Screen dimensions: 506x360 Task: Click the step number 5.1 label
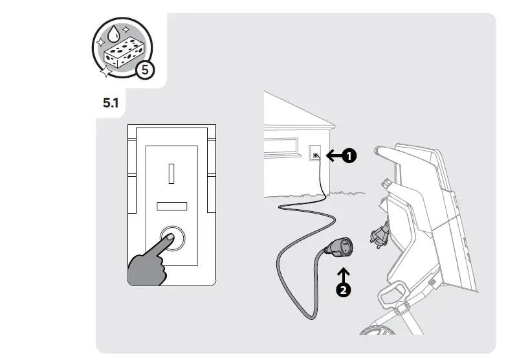[111, 103]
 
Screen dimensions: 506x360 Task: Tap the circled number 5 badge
[145, 70]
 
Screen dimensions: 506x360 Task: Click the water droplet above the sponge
[113, 34]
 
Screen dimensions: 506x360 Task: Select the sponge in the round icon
[124, 52]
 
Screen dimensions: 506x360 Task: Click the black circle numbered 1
[349, 156]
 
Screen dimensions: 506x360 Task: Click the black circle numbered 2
[344, 289]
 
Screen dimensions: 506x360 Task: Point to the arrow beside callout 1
[334, 155]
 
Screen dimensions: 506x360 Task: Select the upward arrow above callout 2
[344, 275]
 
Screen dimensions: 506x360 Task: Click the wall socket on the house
[316, 155]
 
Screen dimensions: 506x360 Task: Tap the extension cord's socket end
[340, 247]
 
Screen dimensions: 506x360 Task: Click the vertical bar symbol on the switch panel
[171, 174]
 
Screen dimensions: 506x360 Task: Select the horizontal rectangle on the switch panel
[171, 206]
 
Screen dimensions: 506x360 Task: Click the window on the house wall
[281, 146]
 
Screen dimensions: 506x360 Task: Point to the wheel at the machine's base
[379, 331]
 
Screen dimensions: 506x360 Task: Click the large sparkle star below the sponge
[106, 71]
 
